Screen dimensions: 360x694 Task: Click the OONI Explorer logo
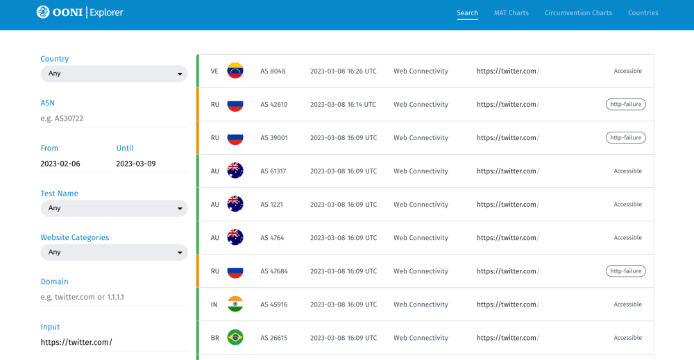point(79,12)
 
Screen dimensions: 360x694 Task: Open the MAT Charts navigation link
point(511,13)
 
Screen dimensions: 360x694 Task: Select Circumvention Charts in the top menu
point(578,13)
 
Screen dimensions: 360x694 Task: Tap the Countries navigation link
point(643,13)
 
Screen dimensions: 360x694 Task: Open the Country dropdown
point(114,74)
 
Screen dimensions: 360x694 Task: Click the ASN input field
point(114,119)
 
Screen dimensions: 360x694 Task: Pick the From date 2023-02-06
point(61,164)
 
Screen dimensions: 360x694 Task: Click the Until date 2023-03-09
point(136,164)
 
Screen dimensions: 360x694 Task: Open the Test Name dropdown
point(114,208)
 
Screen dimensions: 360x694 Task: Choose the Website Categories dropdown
point(114,252)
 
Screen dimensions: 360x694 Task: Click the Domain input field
point(114,297)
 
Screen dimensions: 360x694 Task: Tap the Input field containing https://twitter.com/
point(114,342)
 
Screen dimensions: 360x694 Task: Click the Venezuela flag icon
point(235,71)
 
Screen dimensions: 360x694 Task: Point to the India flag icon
point(235,305)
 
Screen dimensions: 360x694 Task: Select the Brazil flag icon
point(235,338)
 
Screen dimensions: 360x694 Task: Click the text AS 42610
point(273,105)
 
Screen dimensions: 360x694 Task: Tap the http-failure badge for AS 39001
point(625,138)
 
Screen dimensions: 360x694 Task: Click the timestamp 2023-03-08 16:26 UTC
point(344,71)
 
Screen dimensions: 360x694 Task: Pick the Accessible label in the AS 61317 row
point(627,171)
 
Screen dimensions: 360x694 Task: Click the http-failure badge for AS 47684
point(625,271)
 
